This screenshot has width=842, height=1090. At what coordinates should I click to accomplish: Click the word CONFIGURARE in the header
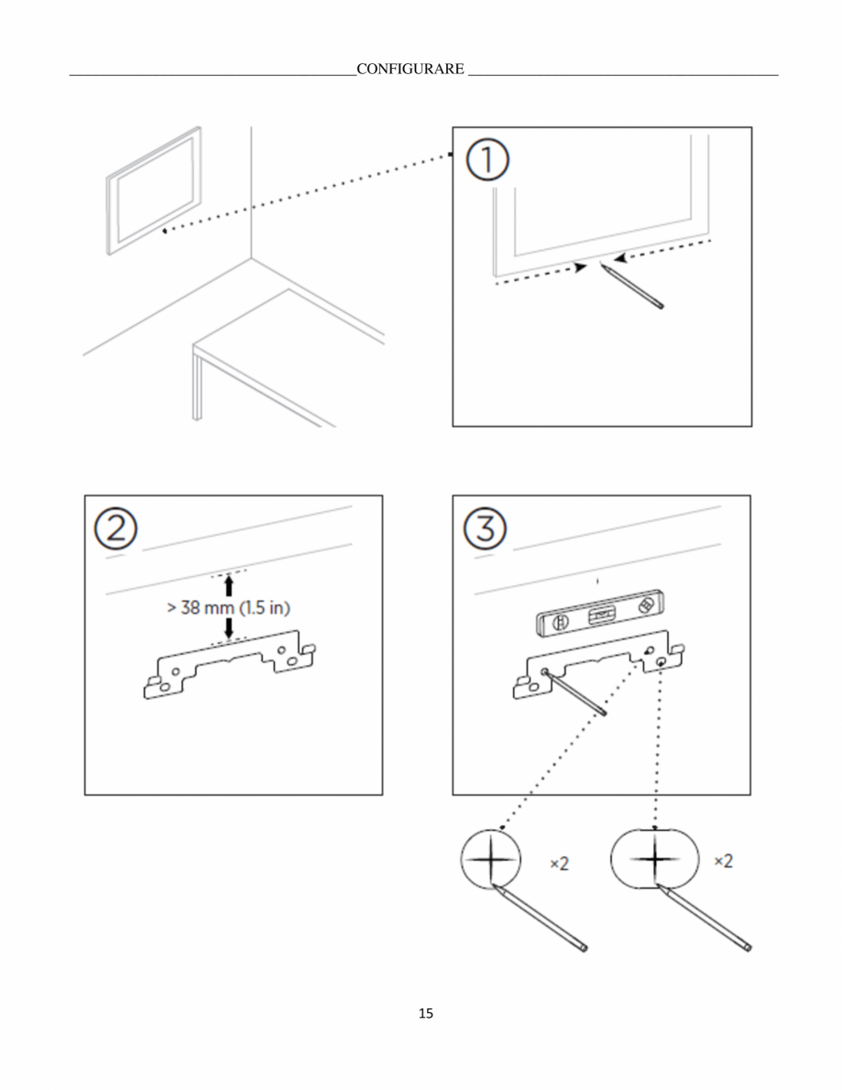[x=410, y=69]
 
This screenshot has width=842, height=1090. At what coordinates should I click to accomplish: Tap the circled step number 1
[x=487, y=160]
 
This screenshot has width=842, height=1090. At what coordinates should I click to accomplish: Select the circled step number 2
[x=116, y=529]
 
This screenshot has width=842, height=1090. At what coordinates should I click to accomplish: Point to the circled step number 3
[x=485, y=529]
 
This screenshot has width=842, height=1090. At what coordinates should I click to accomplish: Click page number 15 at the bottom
[x=425, y=1013]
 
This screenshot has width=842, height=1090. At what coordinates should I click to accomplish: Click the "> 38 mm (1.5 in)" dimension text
[x=229, y=607]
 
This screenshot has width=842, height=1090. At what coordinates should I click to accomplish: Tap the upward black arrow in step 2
[x=229, y=584]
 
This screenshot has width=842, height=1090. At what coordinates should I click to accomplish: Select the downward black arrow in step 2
[x=229, y=628]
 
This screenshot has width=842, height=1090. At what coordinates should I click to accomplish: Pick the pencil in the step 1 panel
[x=632, y=287]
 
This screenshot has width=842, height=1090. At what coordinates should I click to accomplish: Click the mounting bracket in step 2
[x=229, y=665]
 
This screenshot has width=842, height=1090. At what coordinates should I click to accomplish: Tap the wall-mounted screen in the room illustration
[x=154, y=191]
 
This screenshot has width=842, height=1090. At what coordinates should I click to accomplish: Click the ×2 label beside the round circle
[x=560, y=864]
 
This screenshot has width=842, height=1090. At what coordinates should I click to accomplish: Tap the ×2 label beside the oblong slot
[x=724, y=861]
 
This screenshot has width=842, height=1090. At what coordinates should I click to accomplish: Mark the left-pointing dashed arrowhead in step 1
[x=620, y=258]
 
